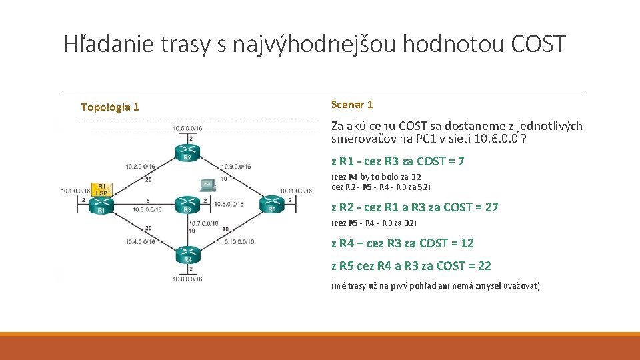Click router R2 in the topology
[x=187, y=152]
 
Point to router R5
[x=271, y=204]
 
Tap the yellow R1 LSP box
[x=101, y=189]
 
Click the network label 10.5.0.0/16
[x=187, y=127]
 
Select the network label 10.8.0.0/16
[x=187, y=279]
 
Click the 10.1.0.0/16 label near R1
[x=75, y=191]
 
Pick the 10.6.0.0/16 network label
[x=228, y=204]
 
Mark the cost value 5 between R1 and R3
[x=147, y=200]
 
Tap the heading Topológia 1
[x=110, y=107]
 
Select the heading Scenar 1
[x=352, y=104]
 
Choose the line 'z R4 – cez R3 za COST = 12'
[x=403, y=243]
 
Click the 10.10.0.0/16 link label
[x=237, y=241]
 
